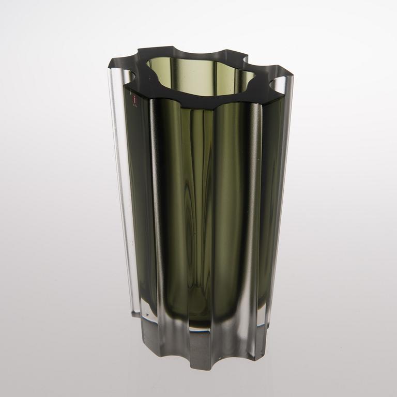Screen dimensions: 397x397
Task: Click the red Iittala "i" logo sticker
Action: [x=135, y=98]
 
